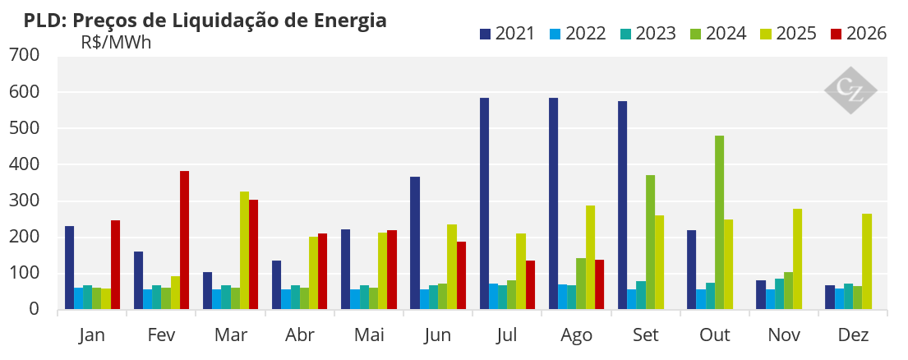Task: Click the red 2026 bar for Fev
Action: (184, 240)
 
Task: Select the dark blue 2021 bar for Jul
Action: (484, 204)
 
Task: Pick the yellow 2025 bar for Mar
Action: (244, 250)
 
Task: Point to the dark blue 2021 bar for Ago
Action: (554, 204)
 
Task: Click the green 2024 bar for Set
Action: (650, 242)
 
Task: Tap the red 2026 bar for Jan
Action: (115, 265)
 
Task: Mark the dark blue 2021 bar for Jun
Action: (415, 243)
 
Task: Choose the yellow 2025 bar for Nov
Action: (797, 259)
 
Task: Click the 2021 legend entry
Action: (507, 34)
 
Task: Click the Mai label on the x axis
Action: (369, 335)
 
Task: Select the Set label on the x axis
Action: (646, 335)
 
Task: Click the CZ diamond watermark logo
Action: (850, 90)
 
